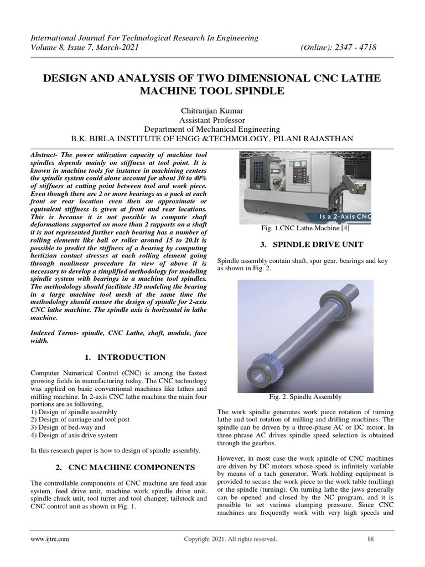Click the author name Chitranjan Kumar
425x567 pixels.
(x=212, y=111)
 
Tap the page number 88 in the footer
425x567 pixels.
(x=371, y=539)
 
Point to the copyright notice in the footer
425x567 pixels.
(x=230, y=539)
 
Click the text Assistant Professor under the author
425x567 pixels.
(x=212, y=120)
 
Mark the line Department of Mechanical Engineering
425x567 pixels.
(x=212, y=129)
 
